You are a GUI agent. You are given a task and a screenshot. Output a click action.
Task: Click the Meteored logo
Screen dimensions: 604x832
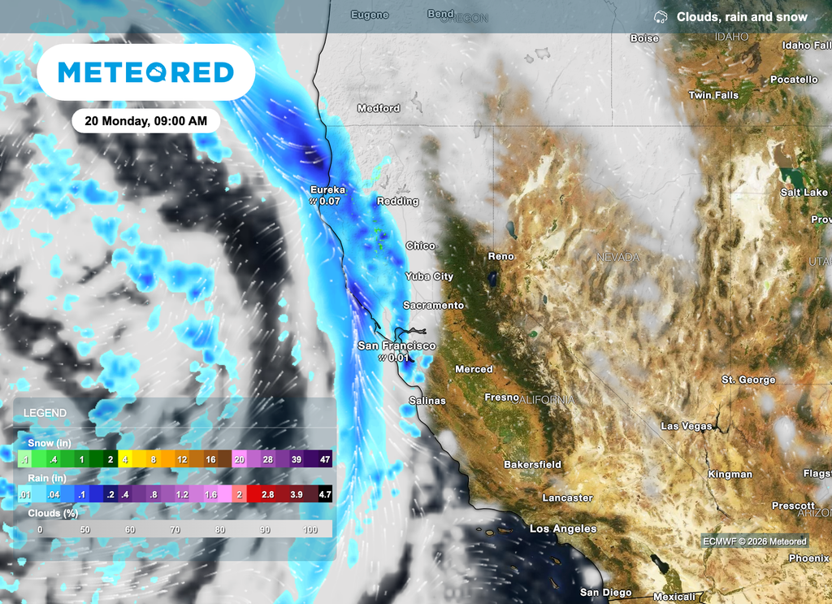click(x=146, y=72)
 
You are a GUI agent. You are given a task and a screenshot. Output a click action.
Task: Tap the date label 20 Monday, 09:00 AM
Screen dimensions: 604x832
click(x=145, y=121)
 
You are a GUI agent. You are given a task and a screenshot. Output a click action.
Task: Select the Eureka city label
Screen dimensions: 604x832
click(x=327, y=190)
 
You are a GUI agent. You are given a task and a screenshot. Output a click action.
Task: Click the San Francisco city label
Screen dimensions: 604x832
click(x=396, y=345)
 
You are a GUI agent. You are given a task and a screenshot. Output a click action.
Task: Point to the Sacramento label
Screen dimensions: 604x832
click(x=433, y=306)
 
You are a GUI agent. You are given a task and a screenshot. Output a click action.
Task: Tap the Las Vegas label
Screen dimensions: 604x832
click(x=686, y=426)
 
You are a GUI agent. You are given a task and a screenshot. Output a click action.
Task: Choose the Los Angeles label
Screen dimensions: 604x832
click(x=563, y=528)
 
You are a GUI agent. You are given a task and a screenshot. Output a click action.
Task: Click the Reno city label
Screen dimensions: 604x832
click(x=500, y=256)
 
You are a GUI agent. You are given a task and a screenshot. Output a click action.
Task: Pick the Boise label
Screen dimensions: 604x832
click(x=644, y=38)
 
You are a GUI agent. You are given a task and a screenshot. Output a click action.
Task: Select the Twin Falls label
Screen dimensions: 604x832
click(x=713, y=95)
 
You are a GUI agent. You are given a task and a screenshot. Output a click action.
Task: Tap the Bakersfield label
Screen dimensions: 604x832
click(x=532, y=465)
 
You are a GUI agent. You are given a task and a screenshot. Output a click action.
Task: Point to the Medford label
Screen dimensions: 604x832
click(x=379, y=108)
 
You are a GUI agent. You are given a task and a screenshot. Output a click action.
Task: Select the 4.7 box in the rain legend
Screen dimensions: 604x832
click(x=323, y=494)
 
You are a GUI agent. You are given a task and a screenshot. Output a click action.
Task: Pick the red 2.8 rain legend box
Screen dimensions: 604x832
click(x=267, y=494)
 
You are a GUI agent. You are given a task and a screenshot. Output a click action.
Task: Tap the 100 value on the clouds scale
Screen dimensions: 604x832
click(x=310, y=529)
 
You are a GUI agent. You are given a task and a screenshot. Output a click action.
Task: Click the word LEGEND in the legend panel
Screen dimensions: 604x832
click(x=45, y=413)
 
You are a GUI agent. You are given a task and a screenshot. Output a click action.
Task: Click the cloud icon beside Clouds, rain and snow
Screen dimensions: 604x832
click(x=661, y=17)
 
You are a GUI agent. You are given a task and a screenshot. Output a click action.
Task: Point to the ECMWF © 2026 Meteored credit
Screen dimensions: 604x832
click(x=755, y=541)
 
